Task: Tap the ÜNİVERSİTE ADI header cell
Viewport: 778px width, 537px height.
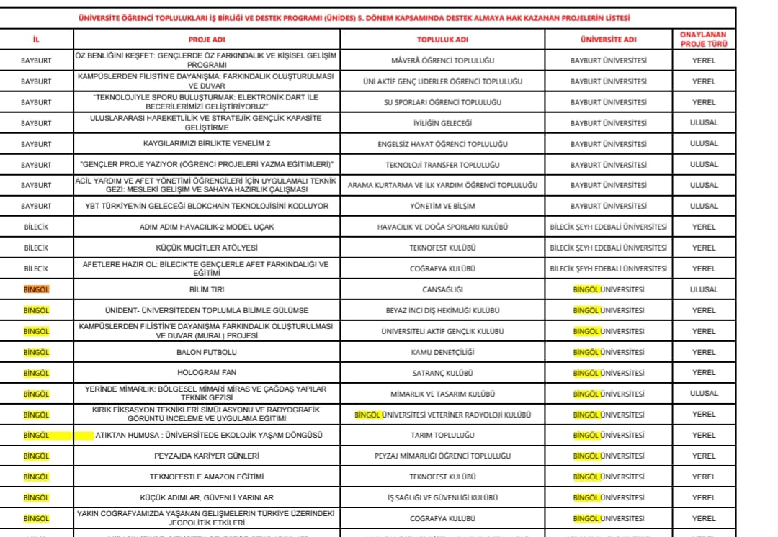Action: pyautogui.click(x=608, y=40)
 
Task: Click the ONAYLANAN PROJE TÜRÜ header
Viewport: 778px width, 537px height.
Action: pyautogui.click(x=703, y=40)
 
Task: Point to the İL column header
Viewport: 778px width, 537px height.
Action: pyautogui.click(x=36, y=40)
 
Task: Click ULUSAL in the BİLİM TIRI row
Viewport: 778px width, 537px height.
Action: pyautogui.click(x=703, y=290)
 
